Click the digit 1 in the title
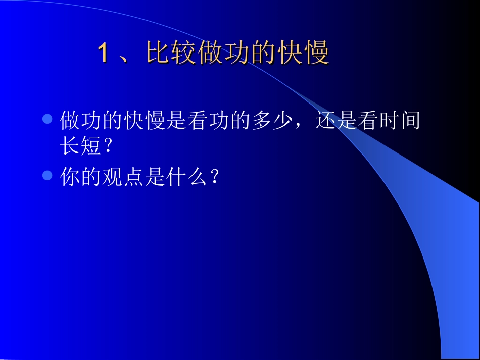(103, 54)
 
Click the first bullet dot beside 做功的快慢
(47, 120)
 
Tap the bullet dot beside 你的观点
(47, 175)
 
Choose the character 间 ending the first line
(410, 121)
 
